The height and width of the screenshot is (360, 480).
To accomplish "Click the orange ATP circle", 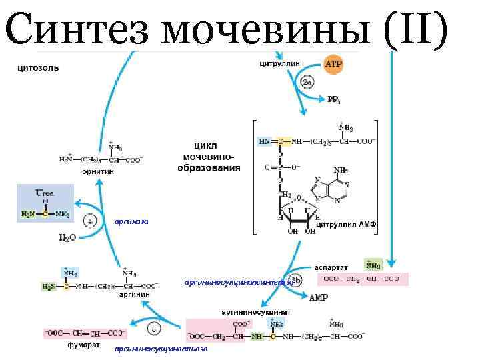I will point(334,65).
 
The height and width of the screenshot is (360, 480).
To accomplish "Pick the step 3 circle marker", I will point(154,329).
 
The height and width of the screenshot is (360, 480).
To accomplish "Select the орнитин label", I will point(98,171).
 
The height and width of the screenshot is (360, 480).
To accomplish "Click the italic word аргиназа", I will point(131,221).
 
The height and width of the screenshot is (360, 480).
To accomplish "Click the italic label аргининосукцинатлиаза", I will point(161,349).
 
